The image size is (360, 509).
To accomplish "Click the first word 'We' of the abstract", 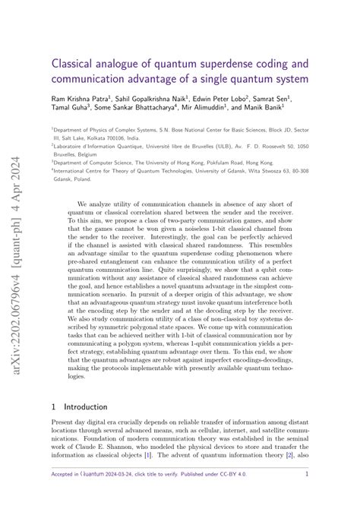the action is tap(83, 204).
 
